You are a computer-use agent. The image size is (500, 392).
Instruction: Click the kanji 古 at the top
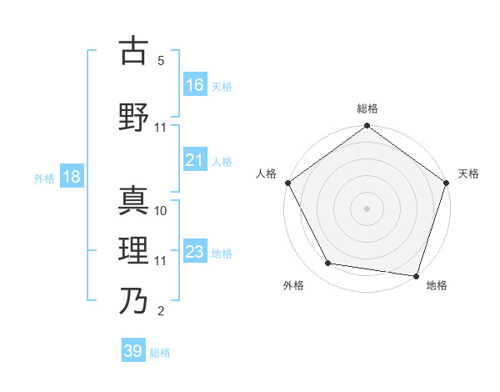(x=133, y=52)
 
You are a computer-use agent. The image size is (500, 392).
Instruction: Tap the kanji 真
(x=133, y=200)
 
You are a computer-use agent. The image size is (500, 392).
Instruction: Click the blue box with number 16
(x=195, y=84)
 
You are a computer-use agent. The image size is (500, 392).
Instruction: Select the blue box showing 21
(x=195, y=160)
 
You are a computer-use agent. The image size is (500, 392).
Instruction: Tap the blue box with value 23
(x=195, y=252)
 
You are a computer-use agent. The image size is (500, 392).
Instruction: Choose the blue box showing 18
(x=71, y=177)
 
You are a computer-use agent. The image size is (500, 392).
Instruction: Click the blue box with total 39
(x=133, y=351)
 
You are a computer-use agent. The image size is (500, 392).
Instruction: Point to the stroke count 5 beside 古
(x=161, y=61)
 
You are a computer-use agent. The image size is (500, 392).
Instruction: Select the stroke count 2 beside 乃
(x=161, y=311)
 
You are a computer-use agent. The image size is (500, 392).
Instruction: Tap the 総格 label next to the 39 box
(x=161, y=353)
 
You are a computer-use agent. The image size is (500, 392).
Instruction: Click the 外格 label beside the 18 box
(x=44, y=178)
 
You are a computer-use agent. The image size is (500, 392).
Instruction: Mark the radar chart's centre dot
(x=367, y=208)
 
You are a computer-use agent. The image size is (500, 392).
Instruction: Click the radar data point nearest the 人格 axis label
(x=288, y=183)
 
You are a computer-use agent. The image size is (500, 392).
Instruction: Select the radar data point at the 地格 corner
(x=416, y=275)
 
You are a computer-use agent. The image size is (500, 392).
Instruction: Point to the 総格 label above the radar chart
(x=367, y=108)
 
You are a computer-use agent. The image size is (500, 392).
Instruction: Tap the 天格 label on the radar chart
(x=469, y=173)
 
